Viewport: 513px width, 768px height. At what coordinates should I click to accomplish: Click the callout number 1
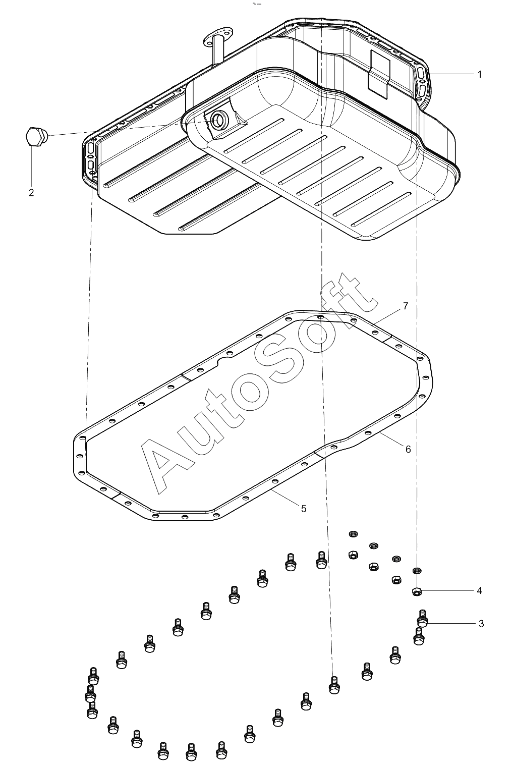click(x=479, y=74)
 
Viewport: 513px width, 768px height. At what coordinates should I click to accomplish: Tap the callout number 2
click(x=31, y=192)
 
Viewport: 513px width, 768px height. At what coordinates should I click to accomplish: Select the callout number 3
click(x=481, y=624)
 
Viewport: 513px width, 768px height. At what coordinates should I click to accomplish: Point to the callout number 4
click(x=479, y=590)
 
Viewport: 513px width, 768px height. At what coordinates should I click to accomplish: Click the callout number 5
click(x=304, y=509)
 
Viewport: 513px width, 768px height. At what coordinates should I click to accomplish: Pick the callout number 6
click(x=408, y=449)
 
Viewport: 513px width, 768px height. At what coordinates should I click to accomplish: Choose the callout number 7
click(x=406, y=306)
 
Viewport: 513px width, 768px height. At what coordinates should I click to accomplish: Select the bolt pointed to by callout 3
click(x=422, y=618)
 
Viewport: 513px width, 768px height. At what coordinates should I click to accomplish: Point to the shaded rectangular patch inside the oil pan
click(x=379, y=73)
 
